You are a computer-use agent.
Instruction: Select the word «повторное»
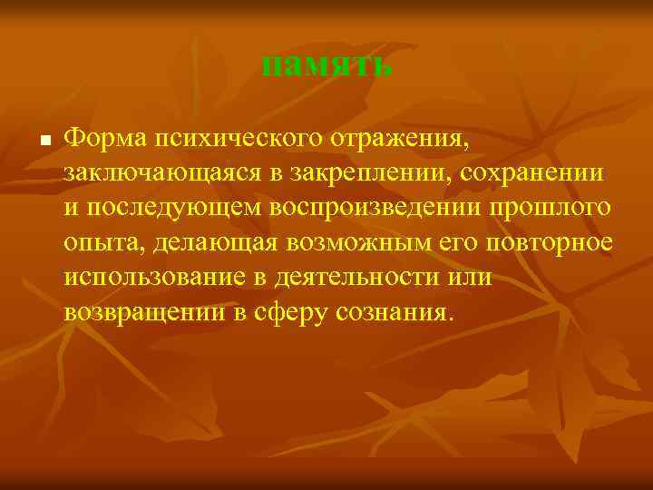click(547, 243)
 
